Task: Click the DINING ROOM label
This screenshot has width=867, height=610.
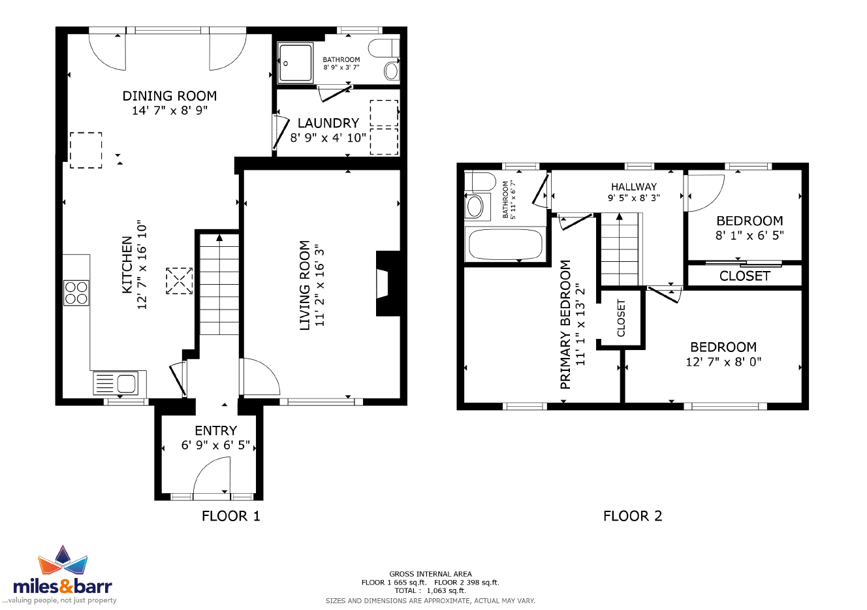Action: click(x=170, y=96)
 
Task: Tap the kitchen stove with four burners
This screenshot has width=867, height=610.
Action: click(x=76, y=293)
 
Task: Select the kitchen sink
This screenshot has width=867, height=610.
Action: click(x=119, y=383)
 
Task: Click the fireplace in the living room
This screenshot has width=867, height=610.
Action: click(x=388, y=283)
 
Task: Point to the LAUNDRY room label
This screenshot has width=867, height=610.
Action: click(x=328, y=123)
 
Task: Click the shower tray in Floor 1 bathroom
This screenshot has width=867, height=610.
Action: click(x=295, y=63)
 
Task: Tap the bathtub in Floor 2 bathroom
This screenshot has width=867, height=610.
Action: click(x=505, y=244)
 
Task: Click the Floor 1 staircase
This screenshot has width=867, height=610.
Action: click(x=219, y=284)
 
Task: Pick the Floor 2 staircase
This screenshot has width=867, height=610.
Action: click(x=620, y=249)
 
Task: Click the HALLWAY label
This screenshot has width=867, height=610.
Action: click(x=634, y=187)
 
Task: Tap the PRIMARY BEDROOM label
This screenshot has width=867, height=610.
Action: click(x=565, y=325)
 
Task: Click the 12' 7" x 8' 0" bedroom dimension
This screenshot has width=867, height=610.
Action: click(x=723, y=362)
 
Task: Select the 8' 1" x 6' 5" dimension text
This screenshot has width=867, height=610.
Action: click(x=749, y=236)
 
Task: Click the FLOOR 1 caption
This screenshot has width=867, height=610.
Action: click(x=231, y=516)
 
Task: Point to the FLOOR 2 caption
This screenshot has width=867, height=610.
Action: click(x=633, y=516)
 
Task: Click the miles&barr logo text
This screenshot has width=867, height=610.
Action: click(x=62, y=586)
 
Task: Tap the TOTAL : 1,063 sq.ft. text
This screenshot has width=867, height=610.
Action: click(x=430, y=590)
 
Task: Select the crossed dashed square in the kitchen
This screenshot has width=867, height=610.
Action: click(x=180, y=281)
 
